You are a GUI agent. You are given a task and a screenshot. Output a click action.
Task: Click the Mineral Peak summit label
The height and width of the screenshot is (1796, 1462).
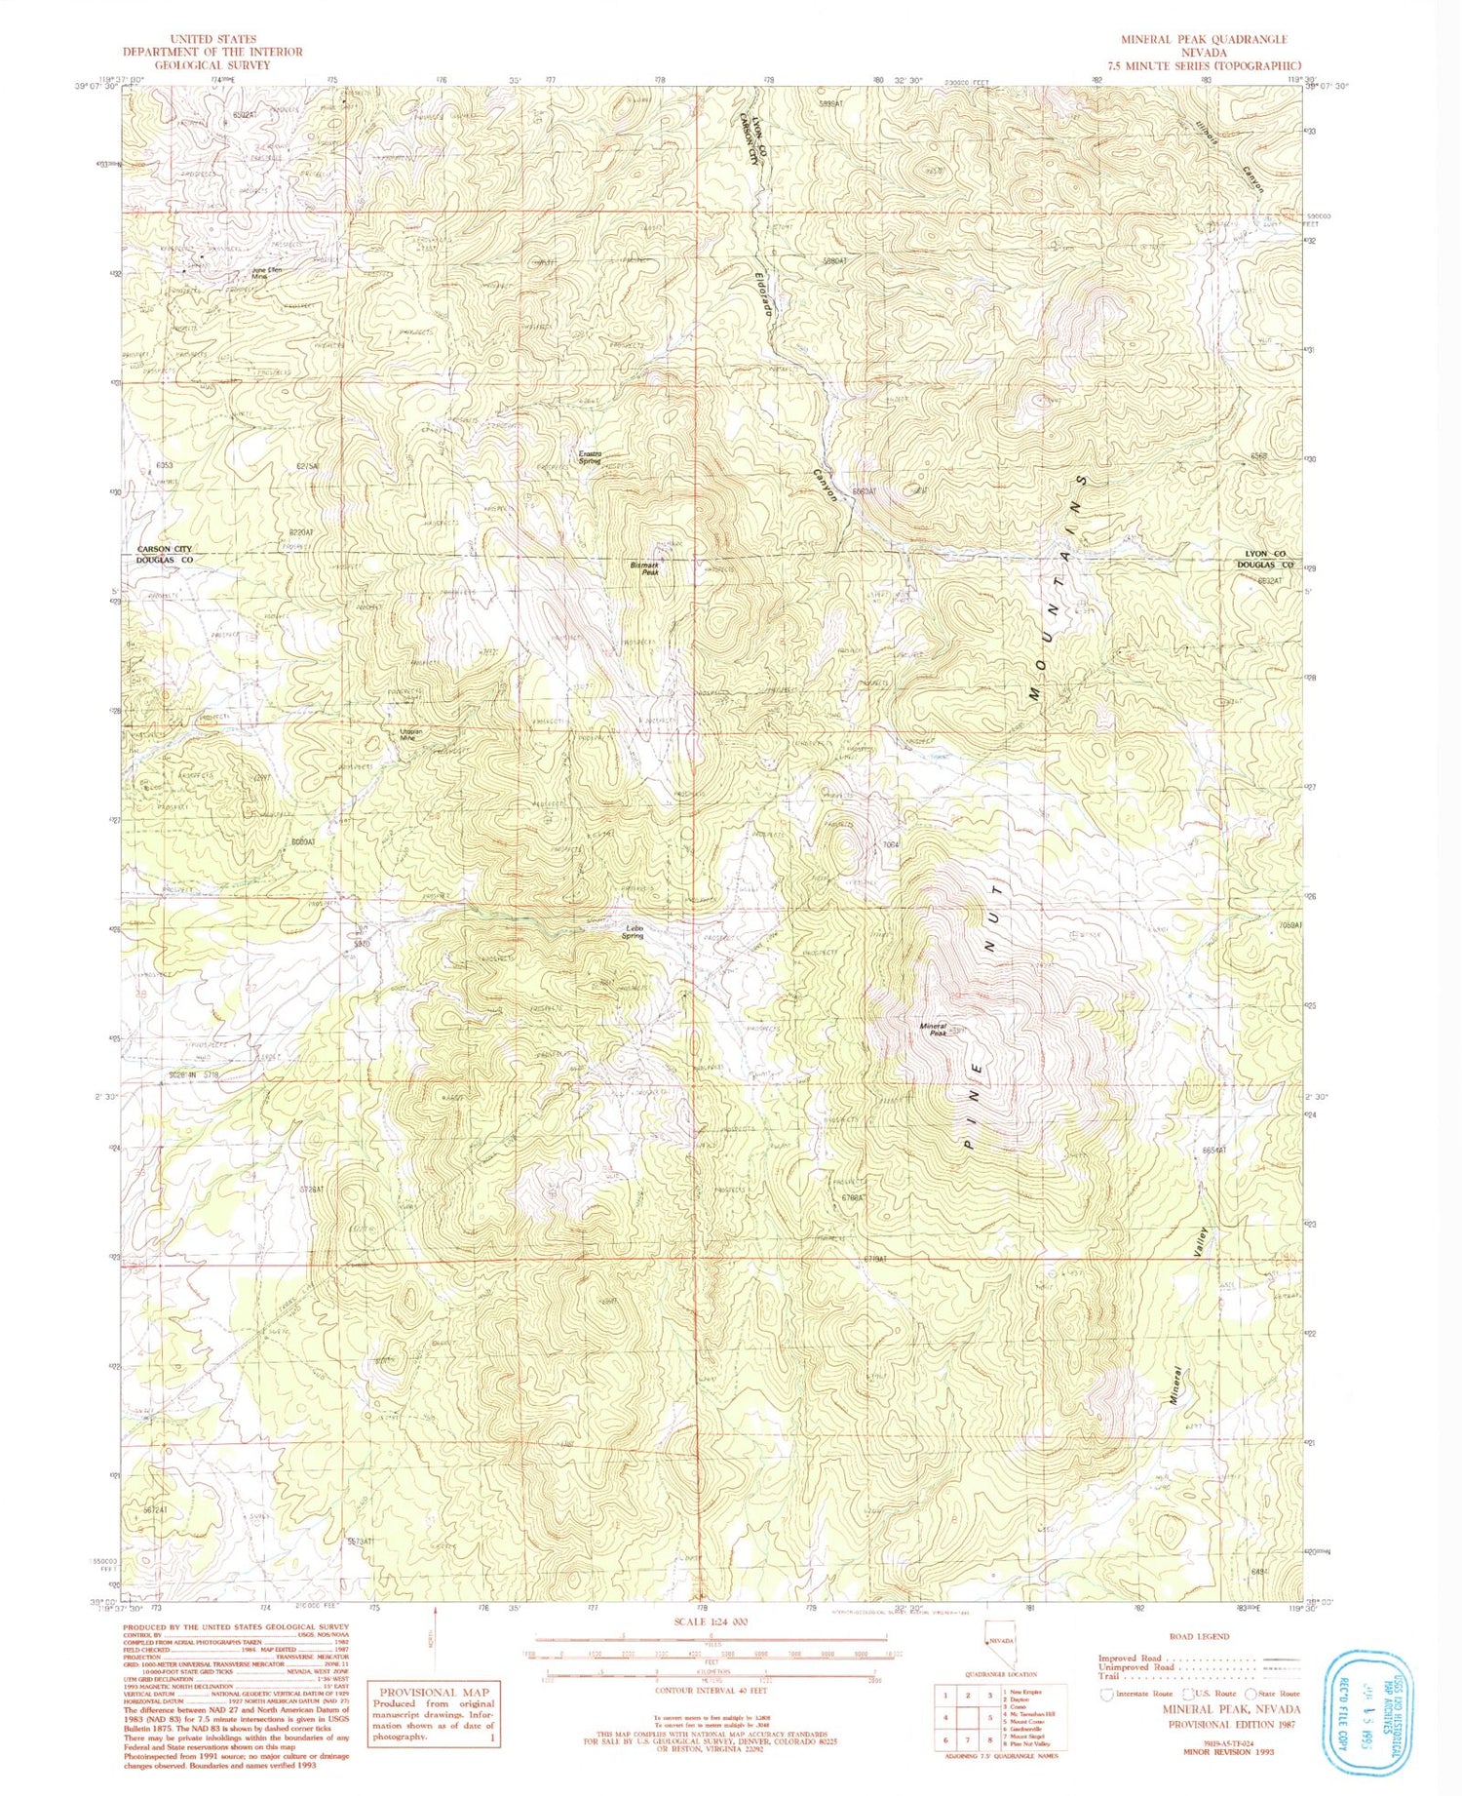click(934, 1030)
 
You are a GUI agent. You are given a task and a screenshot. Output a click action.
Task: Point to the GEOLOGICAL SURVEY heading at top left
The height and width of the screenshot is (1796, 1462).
click(212, 64)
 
